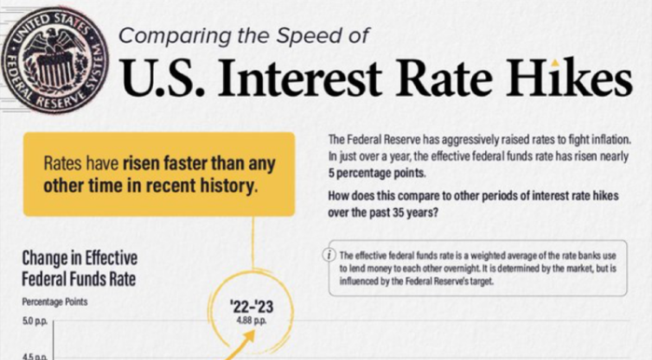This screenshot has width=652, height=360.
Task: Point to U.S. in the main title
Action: (166, 83)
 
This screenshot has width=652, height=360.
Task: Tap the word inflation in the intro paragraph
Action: (605, 139)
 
